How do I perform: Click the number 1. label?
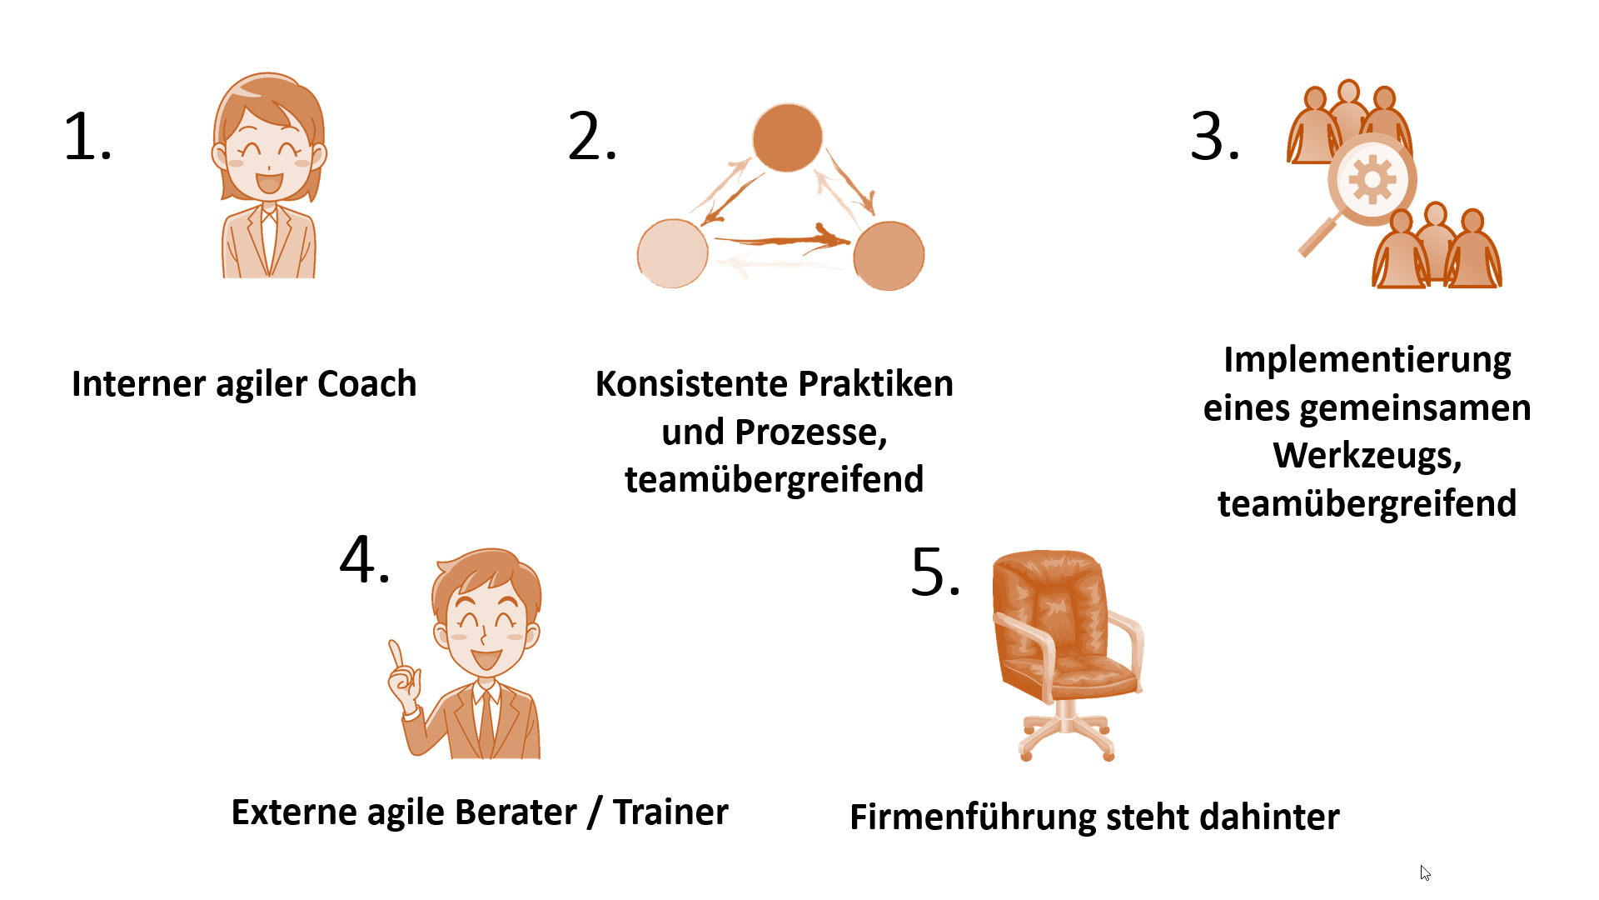click(x=87, y=137)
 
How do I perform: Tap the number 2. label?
click(x=592, y=137)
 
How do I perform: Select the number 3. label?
click(x=1215, y=137)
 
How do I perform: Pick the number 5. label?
click(x=936, y=573)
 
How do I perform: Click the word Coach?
click(x=366, y=384)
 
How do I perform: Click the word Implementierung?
click(x=1367, y=360)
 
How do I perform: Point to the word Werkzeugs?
click(x=1367, y=456)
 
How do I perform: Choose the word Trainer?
click(x=670, y=812)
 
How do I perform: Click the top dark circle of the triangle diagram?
click(x=787, y=137)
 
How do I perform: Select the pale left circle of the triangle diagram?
click(x=672, y=253)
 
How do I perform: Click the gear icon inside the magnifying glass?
click(x=1372, y=180)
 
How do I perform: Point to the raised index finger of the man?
click(x=396, y=652)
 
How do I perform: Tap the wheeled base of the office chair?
click(x=1067, y=737)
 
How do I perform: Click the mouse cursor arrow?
click(x=1425, y=872)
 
